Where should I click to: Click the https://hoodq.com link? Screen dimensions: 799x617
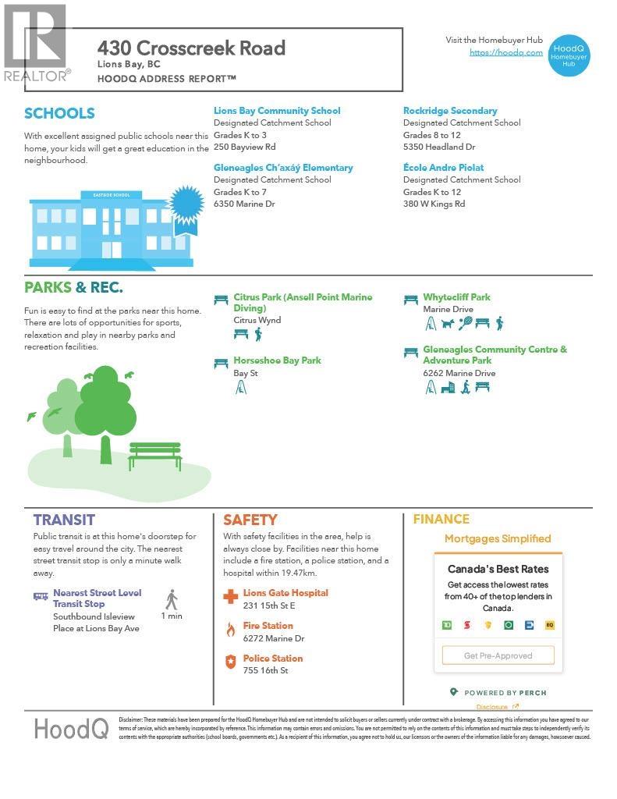(505, 52)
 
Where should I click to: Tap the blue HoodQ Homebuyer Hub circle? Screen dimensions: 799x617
(569, 55)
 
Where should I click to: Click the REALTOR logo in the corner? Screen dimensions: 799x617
(36, 44)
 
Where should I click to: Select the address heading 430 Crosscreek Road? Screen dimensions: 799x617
(191, 48)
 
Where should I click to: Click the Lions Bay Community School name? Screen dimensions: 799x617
(277, 111)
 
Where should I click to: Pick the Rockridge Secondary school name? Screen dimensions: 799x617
(450, 111)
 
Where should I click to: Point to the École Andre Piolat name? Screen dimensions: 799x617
(443, 168)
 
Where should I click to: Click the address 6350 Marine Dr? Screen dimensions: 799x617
(244, 204)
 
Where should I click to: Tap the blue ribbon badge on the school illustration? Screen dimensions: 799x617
(186, 208)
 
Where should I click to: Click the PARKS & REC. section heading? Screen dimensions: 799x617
(73, 288)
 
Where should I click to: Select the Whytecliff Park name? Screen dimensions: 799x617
(456, 297)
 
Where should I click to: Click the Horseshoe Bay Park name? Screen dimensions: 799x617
(277, 360)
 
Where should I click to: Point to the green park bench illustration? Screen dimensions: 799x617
(154, 456)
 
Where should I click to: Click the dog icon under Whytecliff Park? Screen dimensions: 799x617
(448, 324)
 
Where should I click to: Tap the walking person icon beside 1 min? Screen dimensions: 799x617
(172, 600)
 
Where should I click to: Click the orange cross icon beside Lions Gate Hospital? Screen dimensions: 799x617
(230, 598)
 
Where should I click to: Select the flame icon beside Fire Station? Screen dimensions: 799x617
(230, 630)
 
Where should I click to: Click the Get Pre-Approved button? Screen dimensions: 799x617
(498, 655)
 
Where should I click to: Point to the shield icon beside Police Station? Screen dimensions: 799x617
(230, 662)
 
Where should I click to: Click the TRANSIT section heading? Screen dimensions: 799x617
(64, 520)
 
